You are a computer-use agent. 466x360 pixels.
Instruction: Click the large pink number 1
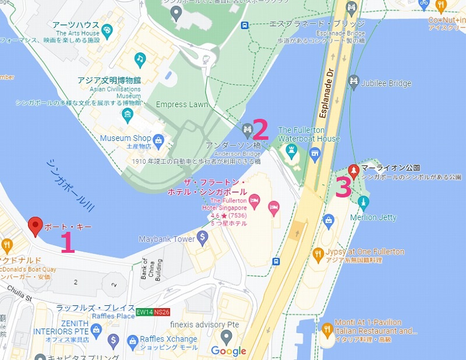click(68, 242)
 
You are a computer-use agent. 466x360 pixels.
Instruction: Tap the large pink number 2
click(260, 128)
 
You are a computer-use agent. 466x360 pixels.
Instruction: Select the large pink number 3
click(344, 188)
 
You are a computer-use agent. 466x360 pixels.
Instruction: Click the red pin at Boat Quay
click(36, 225)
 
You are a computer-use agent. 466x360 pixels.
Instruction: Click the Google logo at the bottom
click(228, 351)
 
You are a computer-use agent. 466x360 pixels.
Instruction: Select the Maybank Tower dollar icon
click(202, 237)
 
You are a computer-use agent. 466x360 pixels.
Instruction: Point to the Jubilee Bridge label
click(386, 83)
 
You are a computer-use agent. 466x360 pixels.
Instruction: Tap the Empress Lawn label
click(182, 105)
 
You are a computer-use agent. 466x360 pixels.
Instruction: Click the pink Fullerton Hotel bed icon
click(272, 207)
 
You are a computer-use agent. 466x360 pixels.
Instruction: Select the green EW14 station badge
click(144, 312)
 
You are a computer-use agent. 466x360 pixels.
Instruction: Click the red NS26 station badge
click(163, 312)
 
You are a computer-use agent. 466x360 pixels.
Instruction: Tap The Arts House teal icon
click(107, 30)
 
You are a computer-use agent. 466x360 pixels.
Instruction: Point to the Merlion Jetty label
click(373, 217)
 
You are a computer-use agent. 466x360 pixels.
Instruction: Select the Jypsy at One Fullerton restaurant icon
click(318, 254)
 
